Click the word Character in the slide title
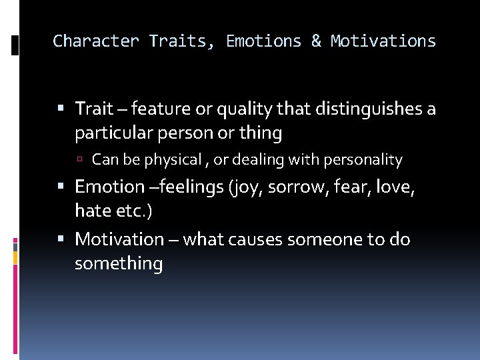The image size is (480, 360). (95, 41)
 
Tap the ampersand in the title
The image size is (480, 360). (315, 41)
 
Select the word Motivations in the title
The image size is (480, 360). (383, 41)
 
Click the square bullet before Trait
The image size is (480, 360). (61, 108)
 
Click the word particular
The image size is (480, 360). (113, 133)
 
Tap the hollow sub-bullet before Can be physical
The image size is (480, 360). (79, 160)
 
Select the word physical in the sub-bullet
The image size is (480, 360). (173, 160)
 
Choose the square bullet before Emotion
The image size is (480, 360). (61, 187)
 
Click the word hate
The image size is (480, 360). (92, 212)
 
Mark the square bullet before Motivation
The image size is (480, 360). (61, 239)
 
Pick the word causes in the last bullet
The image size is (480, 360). (252, 239)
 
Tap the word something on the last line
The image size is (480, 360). (119, 264)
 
